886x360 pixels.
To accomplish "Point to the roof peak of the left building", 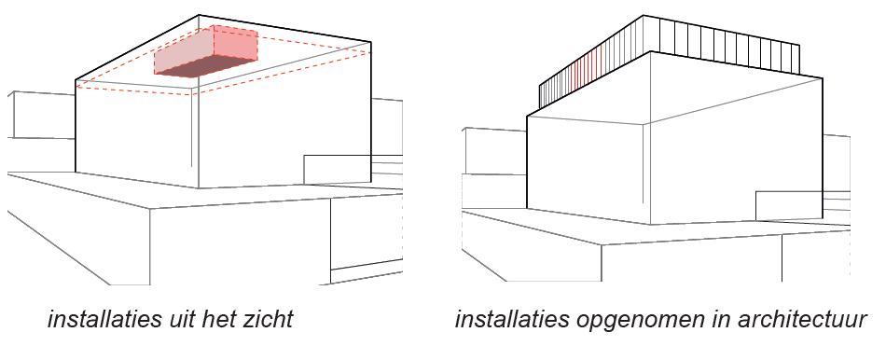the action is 200,15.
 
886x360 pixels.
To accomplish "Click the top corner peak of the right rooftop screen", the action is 644,16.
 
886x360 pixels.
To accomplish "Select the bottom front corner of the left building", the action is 199,187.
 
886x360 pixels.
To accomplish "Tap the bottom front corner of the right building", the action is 650,225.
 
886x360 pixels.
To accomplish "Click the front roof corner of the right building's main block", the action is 644,124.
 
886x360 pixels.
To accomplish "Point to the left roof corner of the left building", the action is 76,81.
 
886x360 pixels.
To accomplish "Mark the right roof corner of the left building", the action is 370,42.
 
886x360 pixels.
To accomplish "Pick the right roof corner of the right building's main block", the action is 823,78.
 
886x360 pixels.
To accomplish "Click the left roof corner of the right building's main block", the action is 527,116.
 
